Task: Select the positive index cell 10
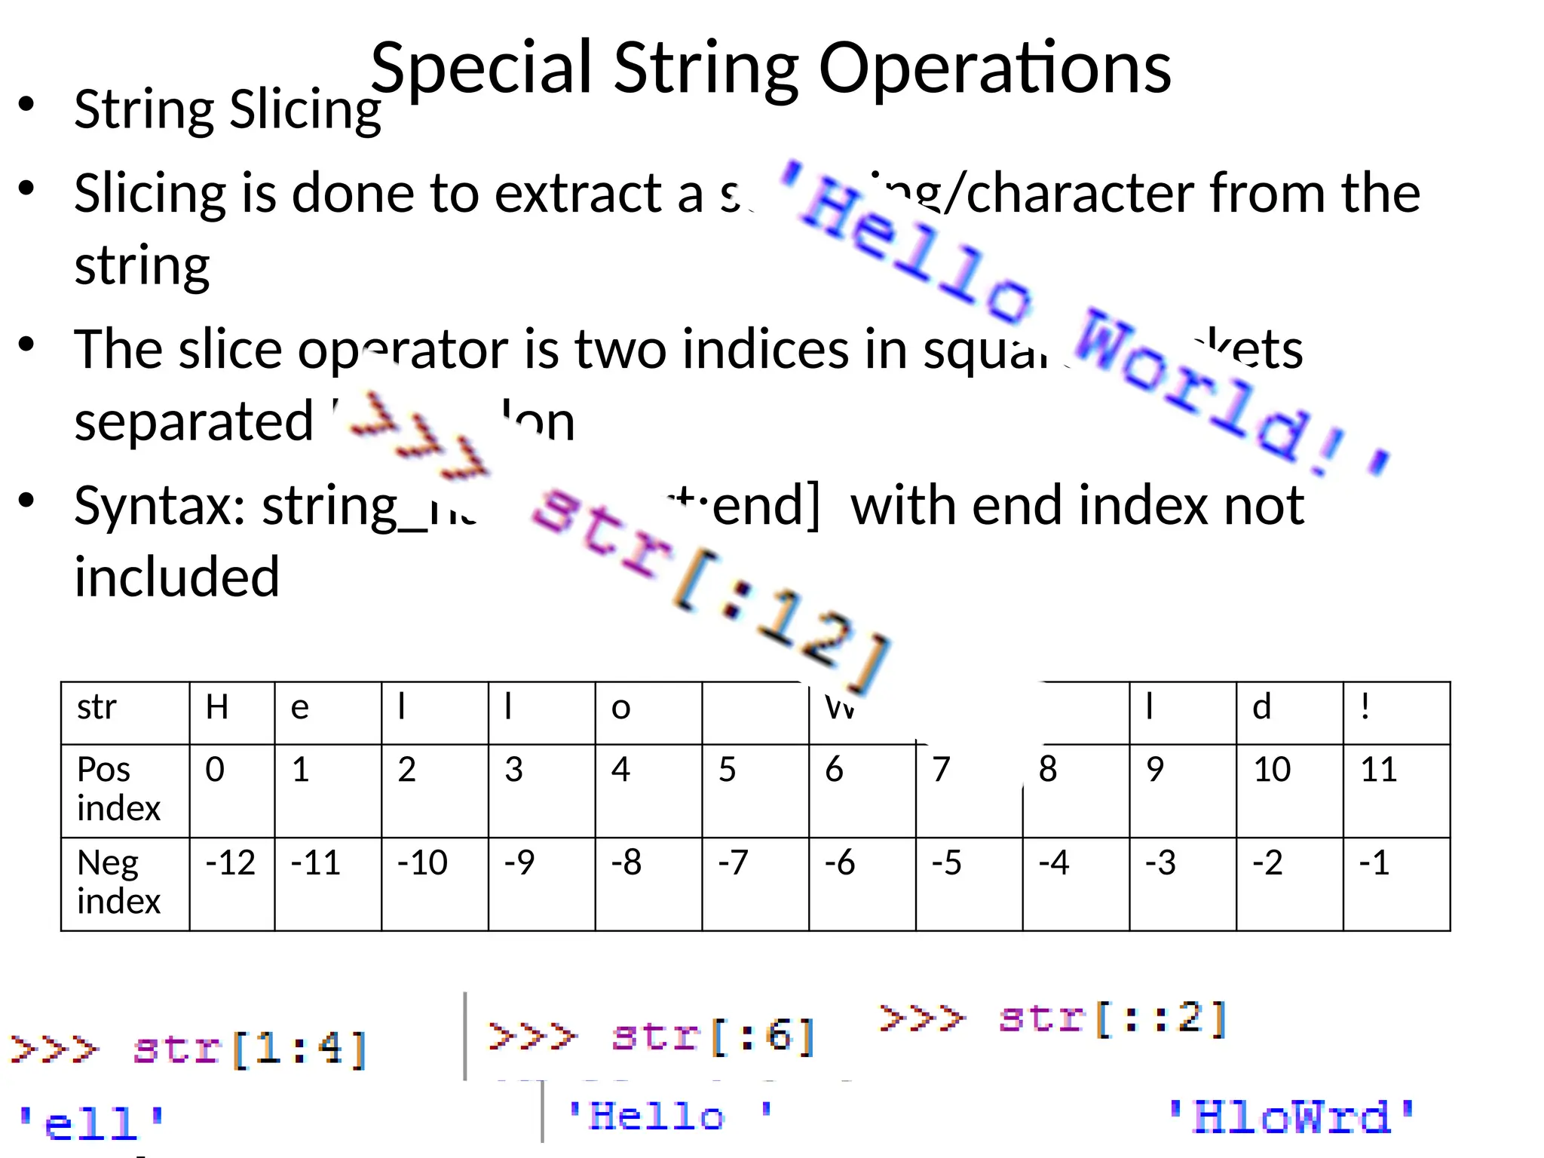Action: (1288, 789)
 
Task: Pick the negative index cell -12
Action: (231, 883)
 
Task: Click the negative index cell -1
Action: (1395, 883)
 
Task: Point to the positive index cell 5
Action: (755, 789)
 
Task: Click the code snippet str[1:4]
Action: (249, 1049)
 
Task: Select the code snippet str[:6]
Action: (712, 1036)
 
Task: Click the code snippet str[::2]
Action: (1112, 1019)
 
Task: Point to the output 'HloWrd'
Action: (1291, 1117)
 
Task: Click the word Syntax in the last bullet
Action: (158, 507)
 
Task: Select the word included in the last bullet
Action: (177, 577)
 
